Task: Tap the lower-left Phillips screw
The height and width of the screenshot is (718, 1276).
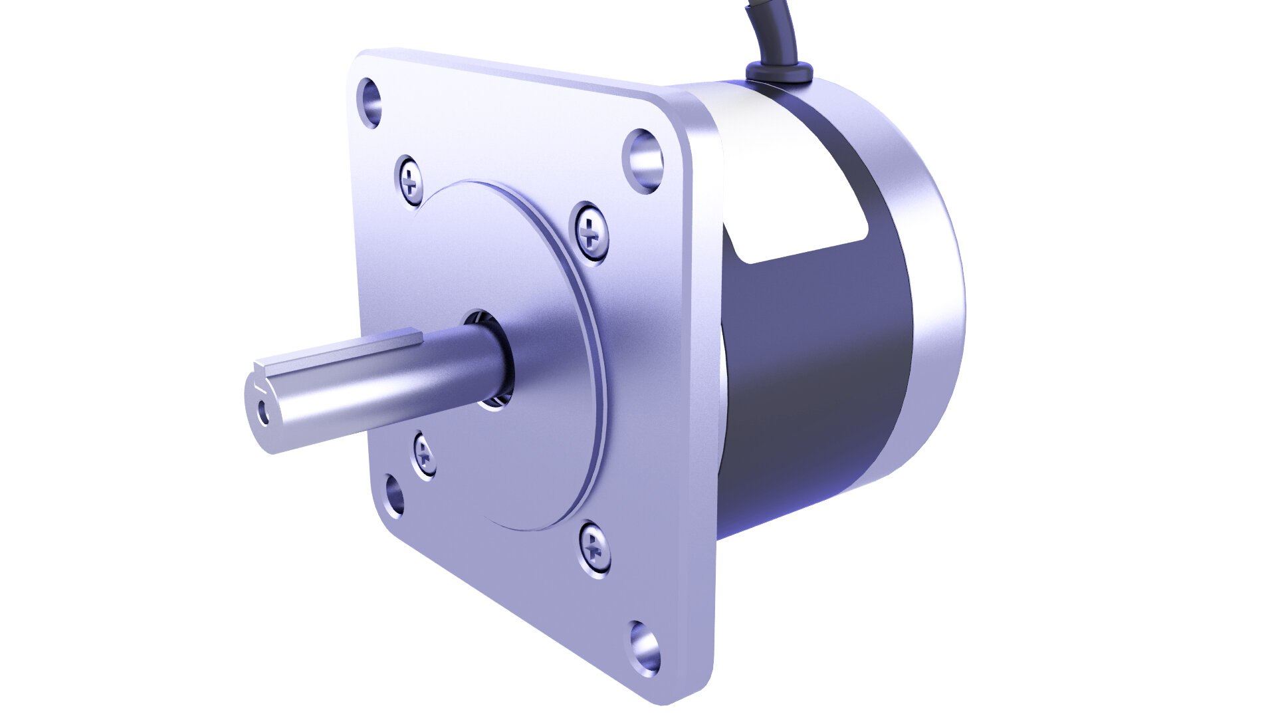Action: pos(424,455)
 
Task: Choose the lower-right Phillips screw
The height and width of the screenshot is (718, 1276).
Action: pos(593,546)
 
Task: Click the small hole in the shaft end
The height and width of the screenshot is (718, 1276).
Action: pos(265,413)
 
